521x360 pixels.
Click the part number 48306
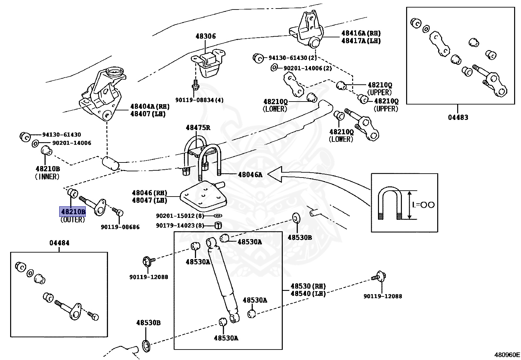[x=206, y=36]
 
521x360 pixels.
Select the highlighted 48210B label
[x=72, y=212]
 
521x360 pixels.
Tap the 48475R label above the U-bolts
[x=198, y=128]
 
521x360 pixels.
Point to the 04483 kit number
[x=458, y=117]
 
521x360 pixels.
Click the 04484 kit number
[x=59, y=243]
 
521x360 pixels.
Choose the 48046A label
[x=250, y=175]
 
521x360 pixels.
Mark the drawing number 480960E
[x=507, y=354]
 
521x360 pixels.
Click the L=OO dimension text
[x=423, y=205]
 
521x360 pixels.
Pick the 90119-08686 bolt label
[x=120, y=227]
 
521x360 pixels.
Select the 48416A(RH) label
[x=361, y=33]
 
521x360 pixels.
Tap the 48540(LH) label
[x=308, y=294]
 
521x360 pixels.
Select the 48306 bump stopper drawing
[x=208, y=64]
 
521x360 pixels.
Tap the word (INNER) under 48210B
[x=47, y=177]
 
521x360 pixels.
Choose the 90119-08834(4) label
[x=199, y=100]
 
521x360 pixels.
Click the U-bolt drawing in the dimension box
[x=390, y=204]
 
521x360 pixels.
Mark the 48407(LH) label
[x=148, y=114]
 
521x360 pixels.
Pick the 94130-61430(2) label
[x=293, y=58]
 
